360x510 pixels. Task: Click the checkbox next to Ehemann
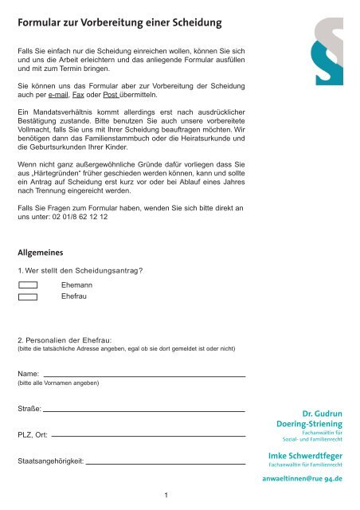click(28, 284)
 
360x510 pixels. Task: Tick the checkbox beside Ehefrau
click(28, 297)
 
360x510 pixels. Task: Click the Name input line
click(143, 373)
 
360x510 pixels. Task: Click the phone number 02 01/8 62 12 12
click(72, 216)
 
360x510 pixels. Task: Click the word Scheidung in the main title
click(188, 22)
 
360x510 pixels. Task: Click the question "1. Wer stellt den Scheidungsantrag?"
click(80, 271)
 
